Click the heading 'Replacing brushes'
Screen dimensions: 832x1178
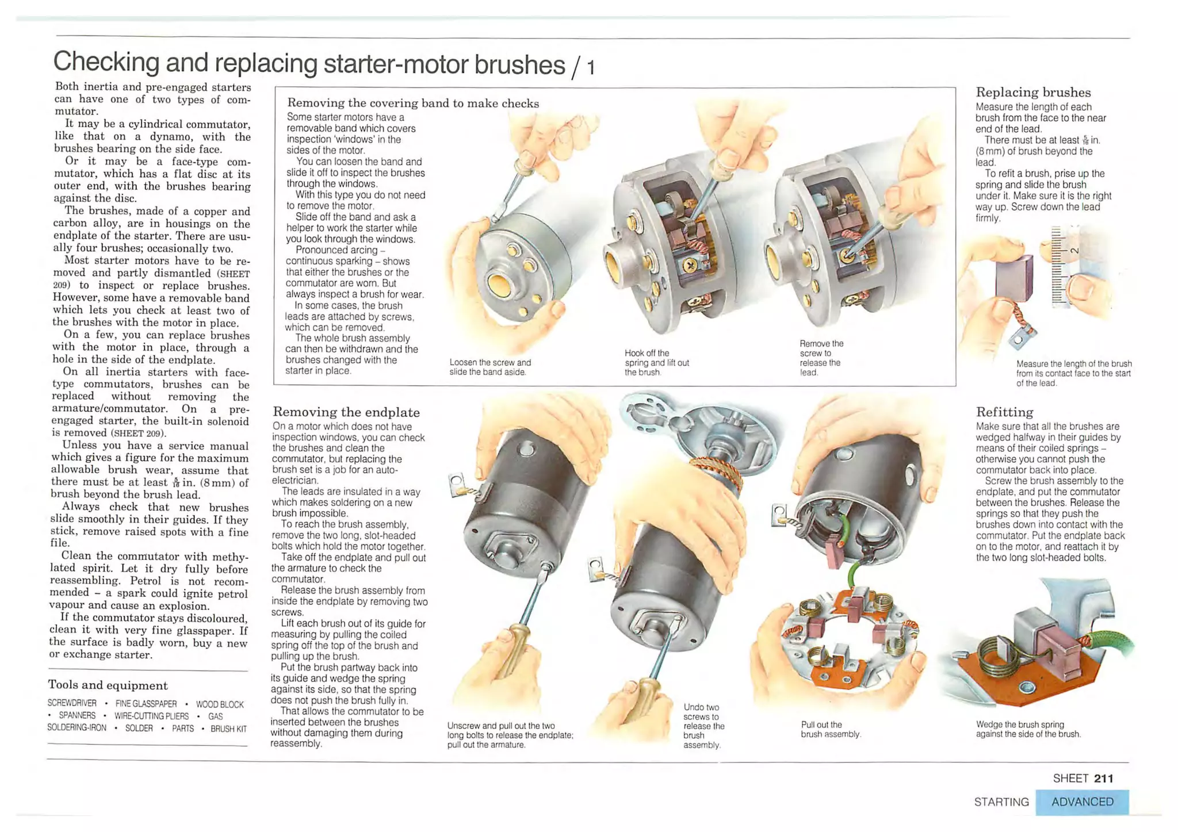click(1033, 92)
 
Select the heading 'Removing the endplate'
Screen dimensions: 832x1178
click(346, 412)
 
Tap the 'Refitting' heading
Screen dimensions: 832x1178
click(1004, 412)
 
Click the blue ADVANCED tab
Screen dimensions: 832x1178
click(1082, 802)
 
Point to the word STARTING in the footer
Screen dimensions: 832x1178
click(1001, 802)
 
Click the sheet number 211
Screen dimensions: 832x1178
click(1103, 778)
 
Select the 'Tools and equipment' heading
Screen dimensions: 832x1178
click(108, 685)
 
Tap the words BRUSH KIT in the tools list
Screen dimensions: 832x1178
click(228, 729)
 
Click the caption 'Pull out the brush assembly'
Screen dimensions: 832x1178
click(830, 729)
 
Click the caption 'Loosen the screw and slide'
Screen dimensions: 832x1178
click(490, 367)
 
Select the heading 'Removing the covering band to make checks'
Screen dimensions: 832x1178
click(413, 103)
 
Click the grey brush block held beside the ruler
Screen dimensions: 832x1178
click(1014, 277)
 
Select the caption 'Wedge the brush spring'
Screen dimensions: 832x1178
click(1028, 729)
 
